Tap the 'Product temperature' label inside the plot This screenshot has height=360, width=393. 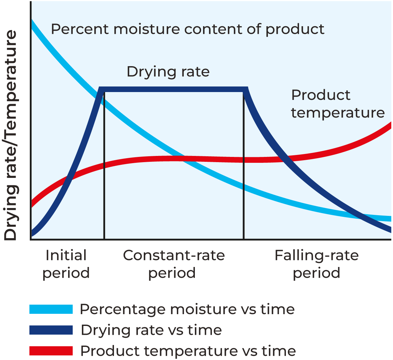(x=337, y=104)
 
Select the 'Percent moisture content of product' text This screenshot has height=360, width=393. (x=188, y=29)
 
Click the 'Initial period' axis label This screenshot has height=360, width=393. (x=66, y=264)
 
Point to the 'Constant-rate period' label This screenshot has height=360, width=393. (x=174, y=264)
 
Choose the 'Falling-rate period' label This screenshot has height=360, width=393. (x=316, y=264)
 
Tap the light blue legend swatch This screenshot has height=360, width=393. (x=51, y=309)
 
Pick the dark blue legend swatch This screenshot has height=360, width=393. (x=51, y=330)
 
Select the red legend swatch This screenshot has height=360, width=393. (x=51, y=351)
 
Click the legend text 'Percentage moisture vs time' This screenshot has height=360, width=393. (x=187, y=309)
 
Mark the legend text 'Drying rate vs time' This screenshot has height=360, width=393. (x=151, y=330)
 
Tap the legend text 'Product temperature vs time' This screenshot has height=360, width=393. (x=188, y=351)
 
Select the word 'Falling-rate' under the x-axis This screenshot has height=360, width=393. (x=316, y=256)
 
